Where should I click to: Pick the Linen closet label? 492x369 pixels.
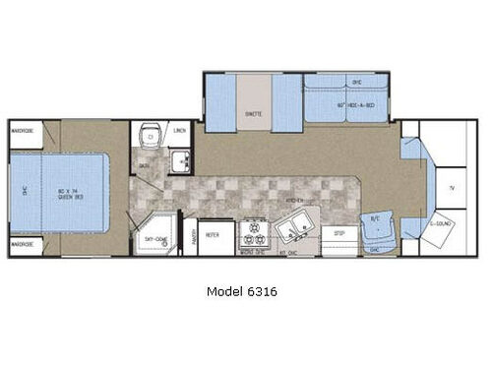click(179, 131)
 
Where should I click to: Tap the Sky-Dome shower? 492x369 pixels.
click(154, 236)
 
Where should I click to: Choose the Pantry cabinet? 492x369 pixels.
click(192, 236)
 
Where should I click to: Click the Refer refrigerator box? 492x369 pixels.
click(213, 236)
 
